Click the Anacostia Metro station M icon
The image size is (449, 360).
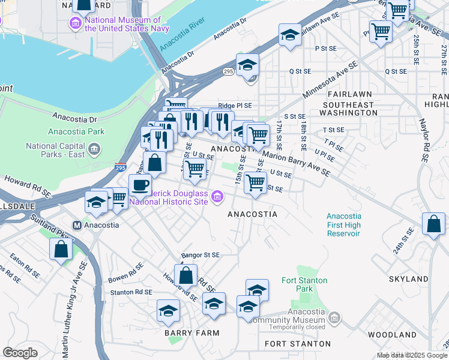click(x=77, y=226)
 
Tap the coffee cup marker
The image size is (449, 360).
click(x=140, y=185)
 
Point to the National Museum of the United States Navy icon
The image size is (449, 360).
click(x=76, y=25)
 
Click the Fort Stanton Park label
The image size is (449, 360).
click(x=305, y=284)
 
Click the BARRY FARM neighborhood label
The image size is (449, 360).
click(x=192, y=332)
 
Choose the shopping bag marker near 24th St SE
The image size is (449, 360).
click(x=433, y=224)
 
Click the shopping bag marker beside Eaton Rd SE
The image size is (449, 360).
click(x=61, y=248)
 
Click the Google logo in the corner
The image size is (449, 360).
click(x=20, y=352)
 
